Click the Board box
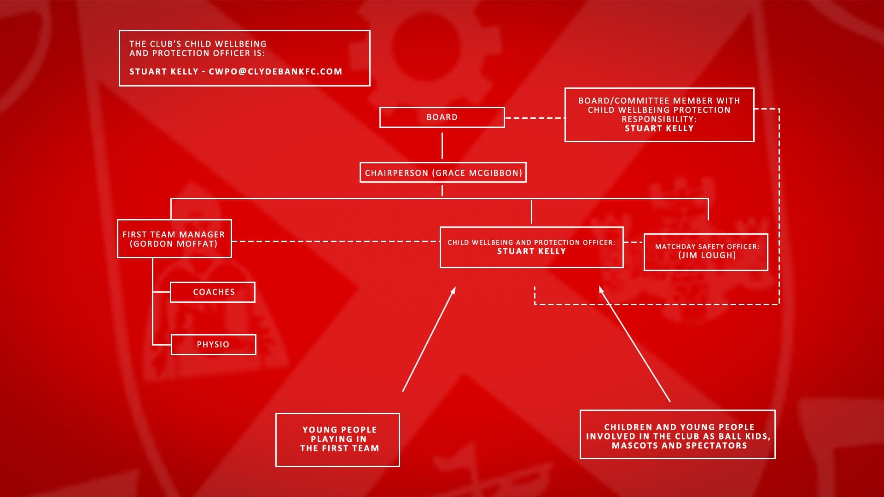(442, 117)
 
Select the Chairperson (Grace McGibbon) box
(443, 173)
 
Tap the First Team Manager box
(174, 238)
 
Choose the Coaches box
(213, 292)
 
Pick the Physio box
(213, 345)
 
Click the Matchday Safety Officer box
(706, 252)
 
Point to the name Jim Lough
(707, 255)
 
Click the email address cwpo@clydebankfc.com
(275, 71)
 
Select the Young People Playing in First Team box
(337, 440)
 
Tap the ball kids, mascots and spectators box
(678, 434)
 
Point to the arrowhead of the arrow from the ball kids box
(601, 290)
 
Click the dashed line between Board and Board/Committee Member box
(535, 118)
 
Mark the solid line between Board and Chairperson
(442, 145)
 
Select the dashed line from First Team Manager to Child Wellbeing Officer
(336, 241)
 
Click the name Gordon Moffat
(174, 244)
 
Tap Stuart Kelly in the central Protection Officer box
(531, 251)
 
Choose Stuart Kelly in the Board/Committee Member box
(659, 128)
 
